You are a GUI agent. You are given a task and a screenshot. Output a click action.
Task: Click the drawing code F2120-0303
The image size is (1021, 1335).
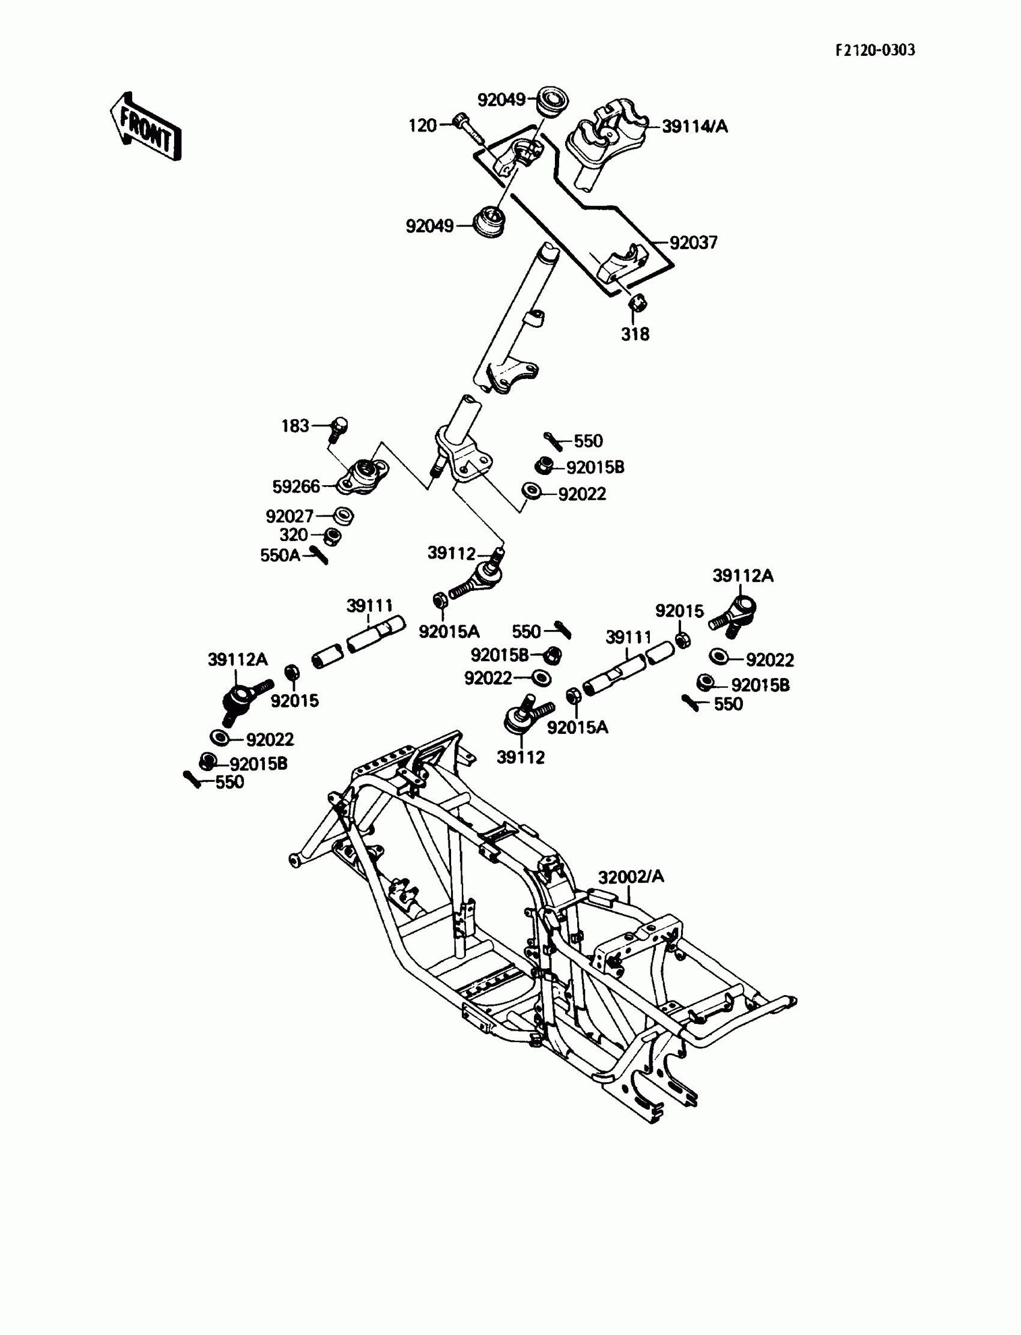(874, 50)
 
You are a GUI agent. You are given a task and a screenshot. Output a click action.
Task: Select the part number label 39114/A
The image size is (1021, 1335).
(694, 126)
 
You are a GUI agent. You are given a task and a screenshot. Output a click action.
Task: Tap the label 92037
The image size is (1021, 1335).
(693, 243)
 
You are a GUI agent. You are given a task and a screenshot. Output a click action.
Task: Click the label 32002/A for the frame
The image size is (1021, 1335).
(631, 877)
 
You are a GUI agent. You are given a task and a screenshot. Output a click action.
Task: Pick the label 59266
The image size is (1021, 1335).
(296, 486)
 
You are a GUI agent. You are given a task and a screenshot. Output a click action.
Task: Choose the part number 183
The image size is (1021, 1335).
(295, 426)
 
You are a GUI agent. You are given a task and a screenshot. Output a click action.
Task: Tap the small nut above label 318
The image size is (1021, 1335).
(637, 301)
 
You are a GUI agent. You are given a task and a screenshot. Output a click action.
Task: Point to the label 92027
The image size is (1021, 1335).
(289, 516)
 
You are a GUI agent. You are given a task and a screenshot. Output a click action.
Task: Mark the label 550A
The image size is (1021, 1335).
(279, 555)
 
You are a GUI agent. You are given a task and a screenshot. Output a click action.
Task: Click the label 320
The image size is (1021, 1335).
(294, 535)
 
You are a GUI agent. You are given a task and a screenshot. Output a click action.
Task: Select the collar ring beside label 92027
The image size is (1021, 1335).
(344, 516)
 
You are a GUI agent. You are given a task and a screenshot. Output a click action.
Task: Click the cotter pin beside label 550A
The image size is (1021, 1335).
(319, 555)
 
